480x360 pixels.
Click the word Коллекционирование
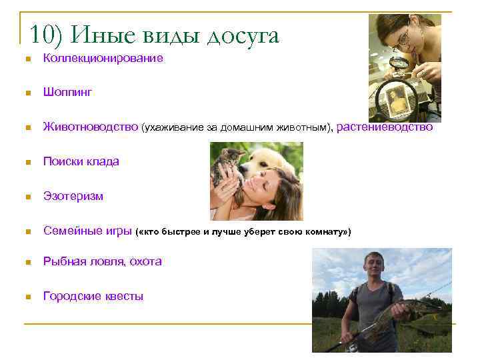click(103, 59)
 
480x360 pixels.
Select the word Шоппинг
click(67, 93)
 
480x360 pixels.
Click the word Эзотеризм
click(73, 196)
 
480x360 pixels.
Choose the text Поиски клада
click(81, 161)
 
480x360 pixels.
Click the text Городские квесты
click(93, 296)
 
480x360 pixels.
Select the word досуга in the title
click(242, 35)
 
